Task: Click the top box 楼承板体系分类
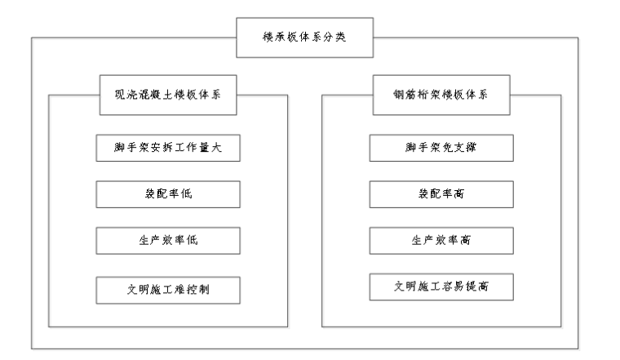[304, 38]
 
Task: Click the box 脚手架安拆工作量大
[168, 148]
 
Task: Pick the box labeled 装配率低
[168, 194]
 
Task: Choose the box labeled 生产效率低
[168, 241]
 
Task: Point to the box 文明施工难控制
[168, 288]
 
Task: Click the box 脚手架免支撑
[441, 148]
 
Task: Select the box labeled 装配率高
[441, 194]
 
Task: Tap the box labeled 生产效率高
[441, 241]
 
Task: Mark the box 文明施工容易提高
[441, 288]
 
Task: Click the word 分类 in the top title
[335, 38]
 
